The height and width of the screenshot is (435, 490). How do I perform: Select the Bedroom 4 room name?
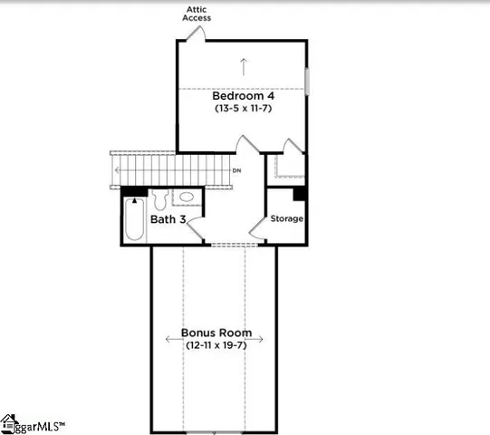[x=243, y=95]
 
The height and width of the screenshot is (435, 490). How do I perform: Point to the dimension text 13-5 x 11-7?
[x=243, y=109]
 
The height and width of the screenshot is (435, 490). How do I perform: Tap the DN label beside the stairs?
[x=236, y=170]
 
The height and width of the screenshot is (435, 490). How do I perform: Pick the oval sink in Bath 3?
[x=187, y=197]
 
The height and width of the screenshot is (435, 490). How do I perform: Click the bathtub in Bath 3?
[x=134, y=218]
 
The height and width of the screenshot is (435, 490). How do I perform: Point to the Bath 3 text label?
[x=168, y=218]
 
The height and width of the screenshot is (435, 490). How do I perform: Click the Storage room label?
[x=287, y=218]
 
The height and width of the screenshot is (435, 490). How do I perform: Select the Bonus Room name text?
[x=216, y=333]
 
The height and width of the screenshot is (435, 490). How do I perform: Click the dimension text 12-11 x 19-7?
[x=216, y=345]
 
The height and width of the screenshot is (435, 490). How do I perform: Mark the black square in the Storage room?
[x=299, y=193]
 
